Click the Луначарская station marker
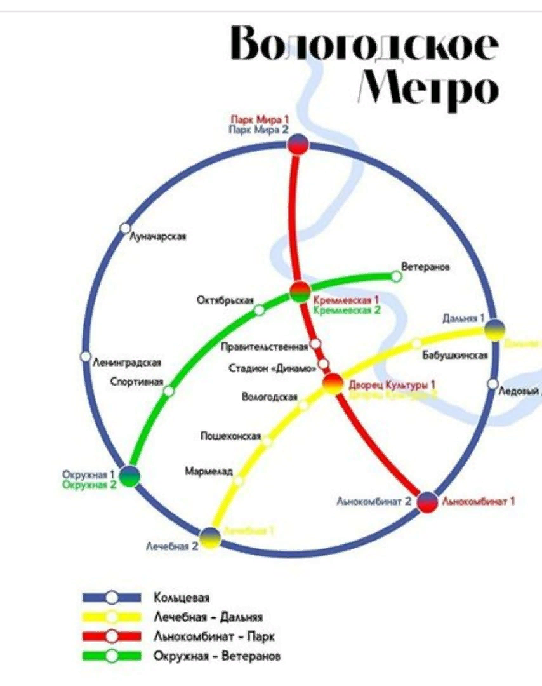pos(125,229)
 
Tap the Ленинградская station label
pos(127,363)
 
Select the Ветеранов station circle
pos(396,276)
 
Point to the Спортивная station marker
pos(168,391)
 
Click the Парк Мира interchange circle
pos(298,145)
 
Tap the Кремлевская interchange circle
pos(300,292)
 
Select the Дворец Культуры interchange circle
pos(333,384)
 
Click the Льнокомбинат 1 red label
pos(478,501)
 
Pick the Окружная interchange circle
pos(129,475)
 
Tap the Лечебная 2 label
pos(173,546)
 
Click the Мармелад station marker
pos(238,481)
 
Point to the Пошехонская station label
pos(231,436)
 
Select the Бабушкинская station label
pos(455,355)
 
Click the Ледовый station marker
pos(492,384)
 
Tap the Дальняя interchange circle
pos(495,330)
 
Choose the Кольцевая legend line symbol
pos(112,597)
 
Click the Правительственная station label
pos(265,347)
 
